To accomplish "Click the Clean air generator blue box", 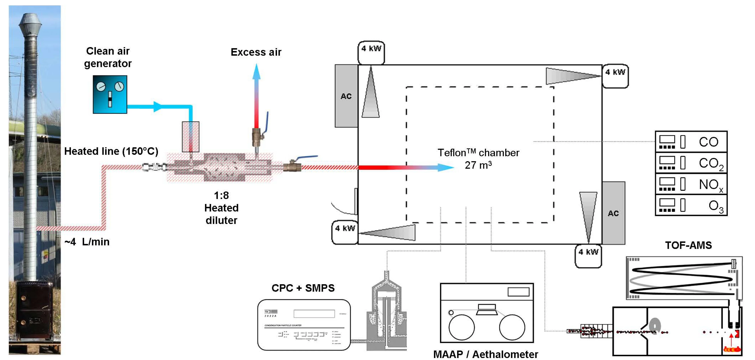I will (110, 94).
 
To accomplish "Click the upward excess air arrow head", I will (256, 71).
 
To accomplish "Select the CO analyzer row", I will (691, 142).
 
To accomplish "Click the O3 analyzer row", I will (691, 206).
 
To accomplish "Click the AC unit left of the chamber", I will (346, 96).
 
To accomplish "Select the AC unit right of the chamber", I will (613, 213).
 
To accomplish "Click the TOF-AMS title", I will (688, 245).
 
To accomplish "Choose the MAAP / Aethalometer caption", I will (485, 354).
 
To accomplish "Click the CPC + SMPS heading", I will (303, 288).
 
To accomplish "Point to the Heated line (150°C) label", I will (111, 151).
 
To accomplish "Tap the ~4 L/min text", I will (87, 242).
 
